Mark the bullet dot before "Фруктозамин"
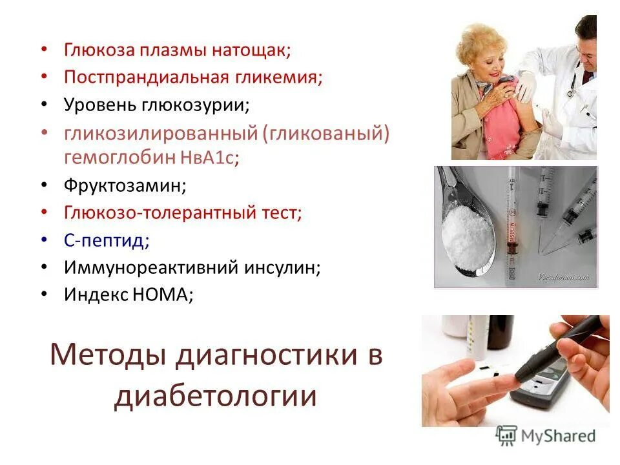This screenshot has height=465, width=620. tap(43, 185)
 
